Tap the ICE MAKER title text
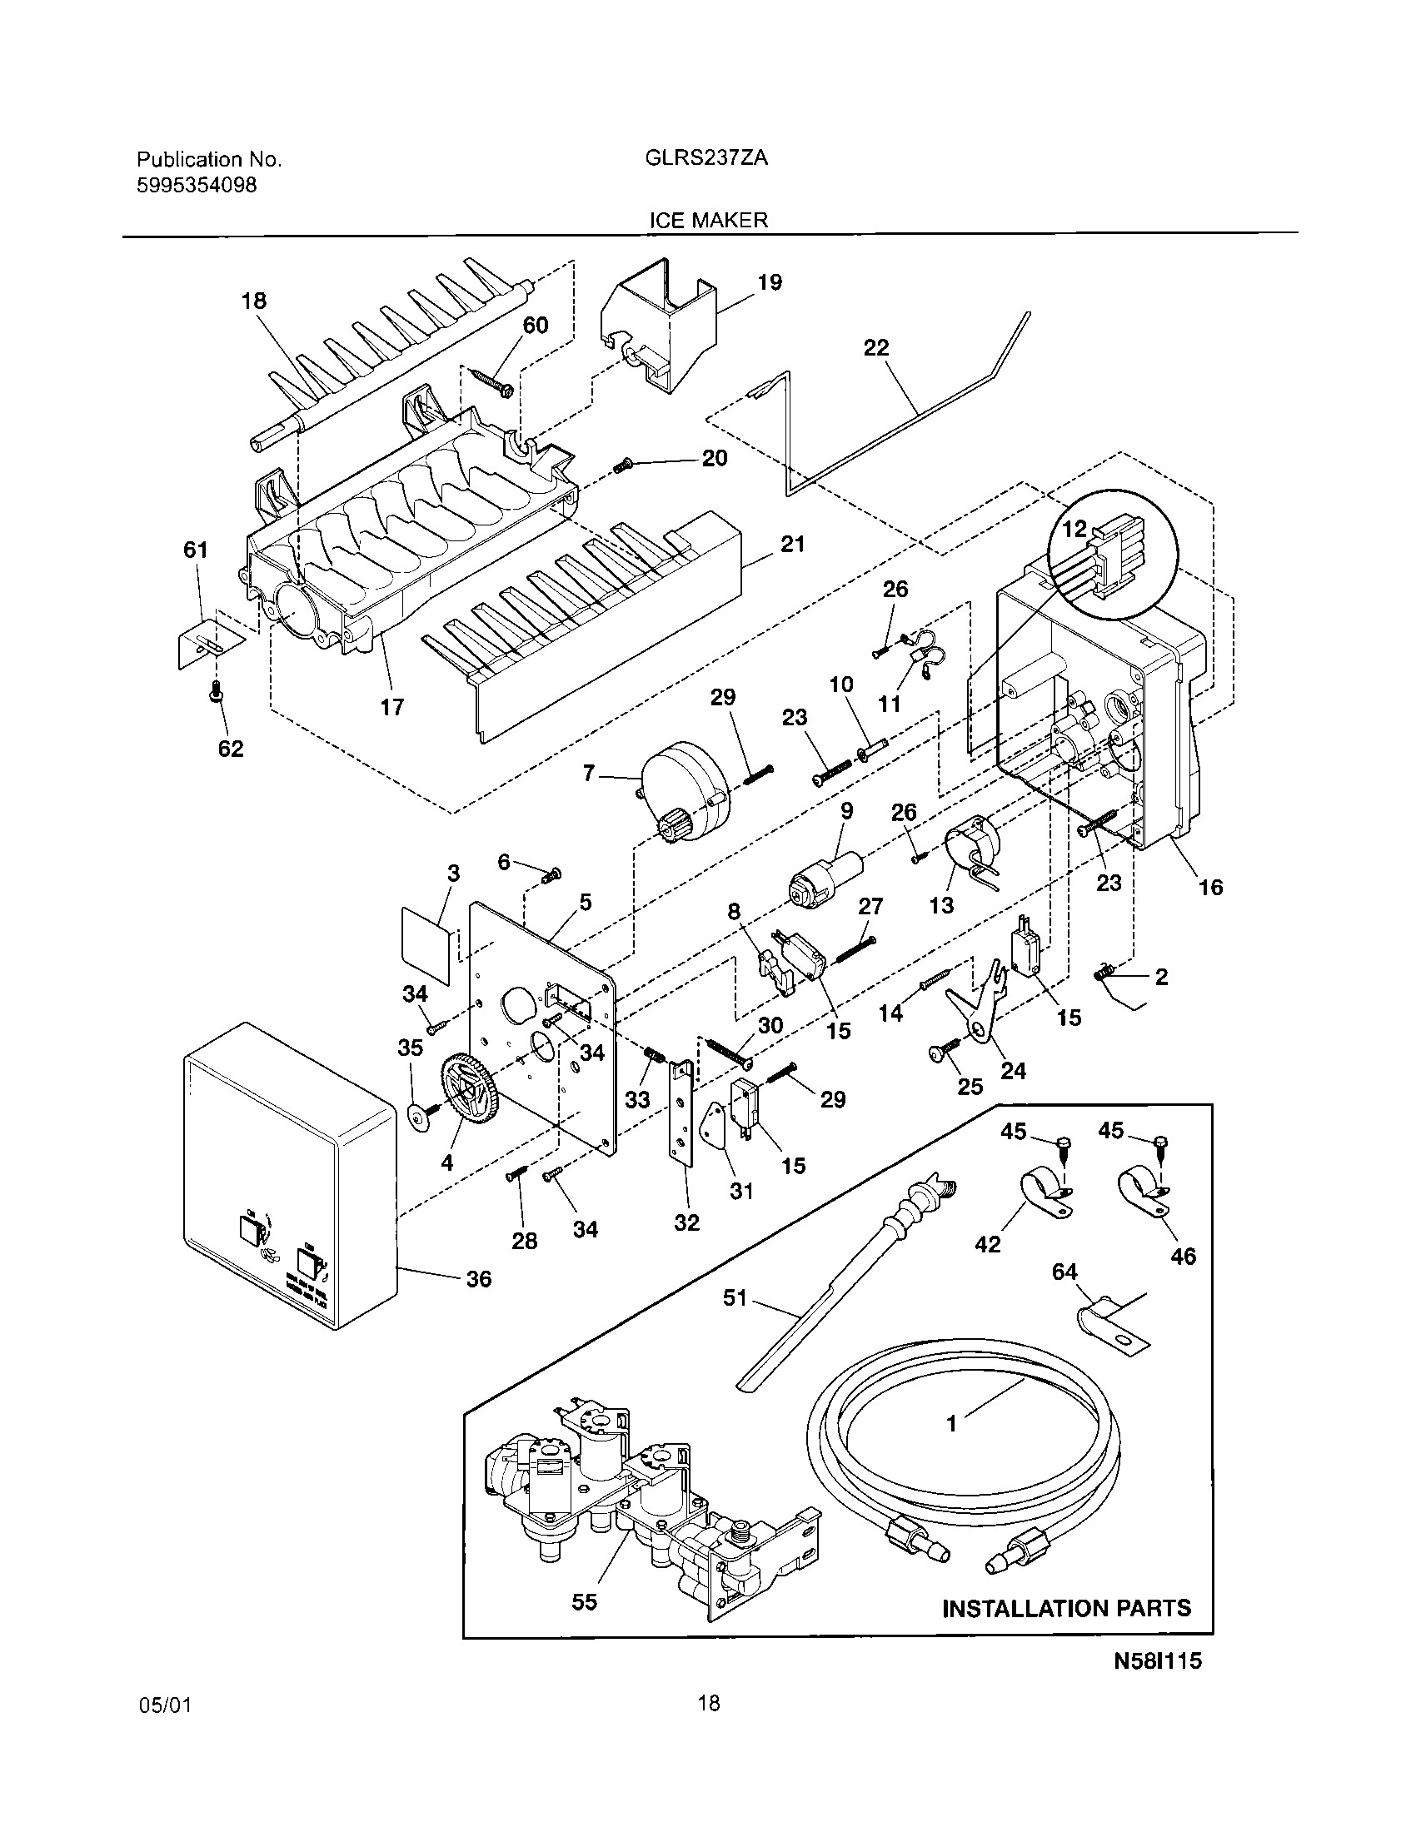coord(709,221)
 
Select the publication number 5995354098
coord(197,186)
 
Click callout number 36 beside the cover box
coord(479,1279)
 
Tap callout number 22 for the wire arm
coord(875,347)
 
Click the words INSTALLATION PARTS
coord(1066,1608)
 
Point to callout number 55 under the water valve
coord(584,1601)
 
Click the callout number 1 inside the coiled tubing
coord(951,1422)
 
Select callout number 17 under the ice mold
coord(391,707)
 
